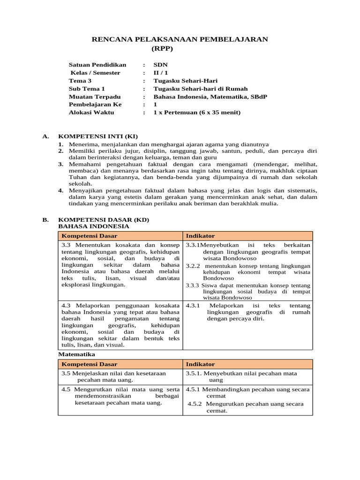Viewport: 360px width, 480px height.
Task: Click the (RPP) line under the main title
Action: (162, 48)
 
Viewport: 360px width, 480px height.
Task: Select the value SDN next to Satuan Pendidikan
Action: (160, 65)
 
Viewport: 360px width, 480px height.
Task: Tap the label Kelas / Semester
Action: (95, 73)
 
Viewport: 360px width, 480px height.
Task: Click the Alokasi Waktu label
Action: (91, 112)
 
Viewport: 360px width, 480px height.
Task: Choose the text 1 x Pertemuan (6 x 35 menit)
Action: (197, 112)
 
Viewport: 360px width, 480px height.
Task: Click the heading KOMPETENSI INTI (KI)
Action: (98, 136)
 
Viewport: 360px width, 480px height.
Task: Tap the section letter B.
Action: (45, 219)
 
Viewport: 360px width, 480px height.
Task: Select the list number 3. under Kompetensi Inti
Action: (61, 165)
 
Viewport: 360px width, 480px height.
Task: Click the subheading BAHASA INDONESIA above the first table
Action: (93, 226)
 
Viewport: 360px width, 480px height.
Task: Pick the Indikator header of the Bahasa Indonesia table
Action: (200, 236)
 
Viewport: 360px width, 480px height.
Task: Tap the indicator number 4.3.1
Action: (193, 306)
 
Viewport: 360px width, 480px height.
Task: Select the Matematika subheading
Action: (76, 354)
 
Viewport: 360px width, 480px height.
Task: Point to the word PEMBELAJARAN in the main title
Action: (232, 39)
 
